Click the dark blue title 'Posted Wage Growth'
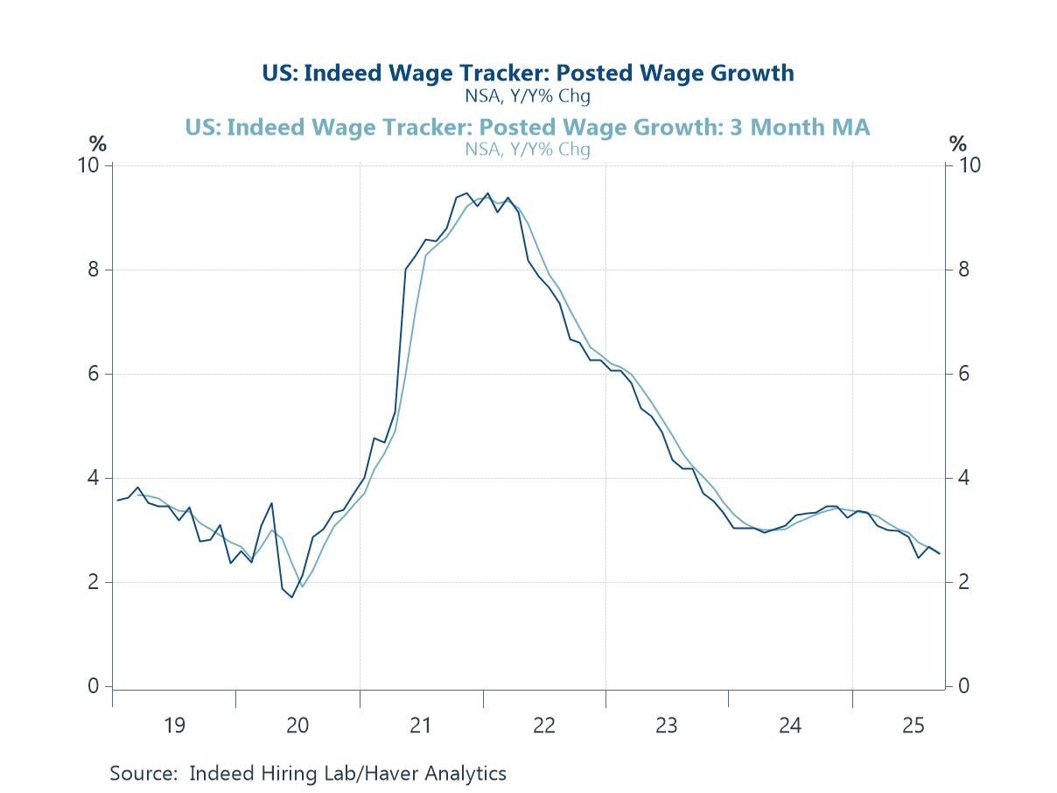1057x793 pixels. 528,73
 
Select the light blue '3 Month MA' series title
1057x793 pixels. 528,128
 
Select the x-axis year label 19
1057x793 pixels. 174,725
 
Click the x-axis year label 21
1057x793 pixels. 421,725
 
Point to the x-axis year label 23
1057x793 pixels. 667,725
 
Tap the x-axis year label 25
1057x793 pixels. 913,725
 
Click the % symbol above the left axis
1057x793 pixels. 96,144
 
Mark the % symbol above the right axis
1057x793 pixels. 959,144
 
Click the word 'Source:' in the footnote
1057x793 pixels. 144,774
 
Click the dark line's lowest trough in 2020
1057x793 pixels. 292,597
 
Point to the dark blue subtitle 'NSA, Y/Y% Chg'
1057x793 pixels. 528,95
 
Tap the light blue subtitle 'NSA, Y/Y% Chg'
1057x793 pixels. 528,149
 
